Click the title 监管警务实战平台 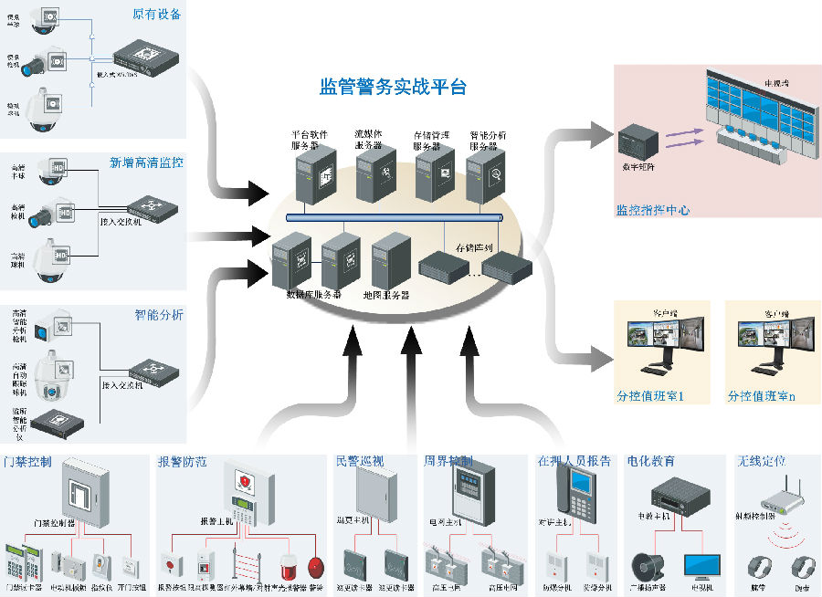[393, 88]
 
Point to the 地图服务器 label [385, 296]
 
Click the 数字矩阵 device [637, 142]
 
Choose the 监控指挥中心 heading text [652, 211]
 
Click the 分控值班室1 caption [649, 397]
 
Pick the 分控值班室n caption [761, 397]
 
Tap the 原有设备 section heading [158, 15]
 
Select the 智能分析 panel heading [159, 316]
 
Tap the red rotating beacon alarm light [289, 563]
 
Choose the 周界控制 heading [448, 462]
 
